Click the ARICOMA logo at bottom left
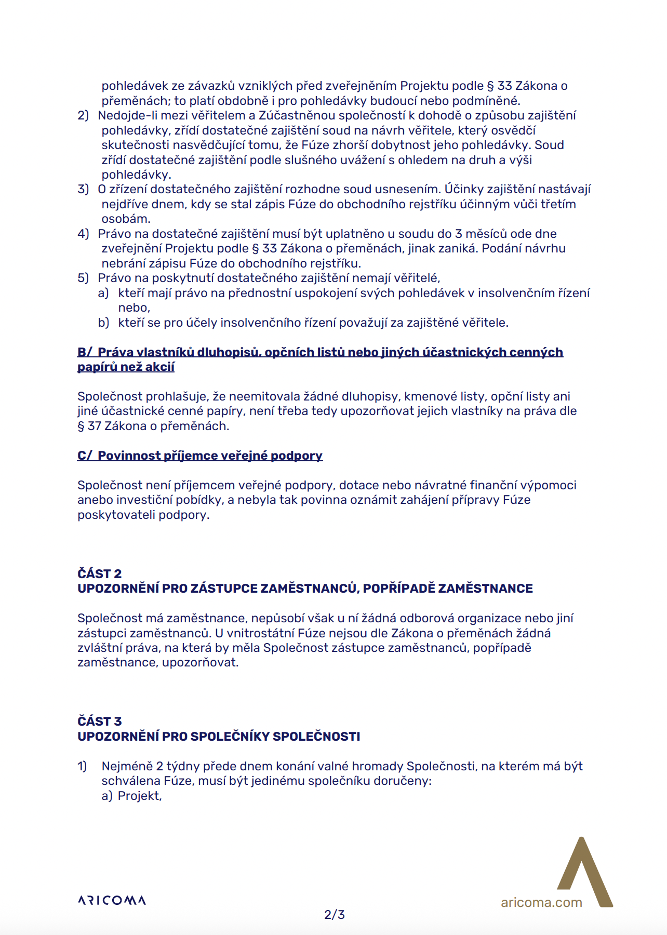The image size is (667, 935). [112, 900]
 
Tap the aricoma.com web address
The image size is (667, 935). [541, 902]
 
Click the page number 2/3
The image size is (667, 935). [335, 914]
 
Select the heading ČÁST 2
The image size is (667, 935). [100, 573]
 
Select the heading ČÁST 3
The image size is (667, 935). [100, 721]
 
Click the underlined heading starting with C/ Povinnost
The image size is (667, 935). [200, 456]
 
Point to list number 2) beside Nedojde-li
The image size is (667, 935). [83, 115]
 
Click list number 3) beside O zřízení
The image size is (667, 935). [83, 189]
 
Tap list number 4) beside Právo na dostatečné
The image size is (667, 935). [83, 234]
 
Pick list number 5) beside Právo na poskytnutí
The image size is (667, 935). [83, 278]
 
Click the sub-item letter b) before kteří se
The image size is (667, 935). [103, 323]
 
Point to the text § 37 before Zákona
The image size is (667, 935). [89, 426]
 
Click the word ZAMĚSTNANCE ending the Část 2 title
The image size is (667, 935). [485, 589]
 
